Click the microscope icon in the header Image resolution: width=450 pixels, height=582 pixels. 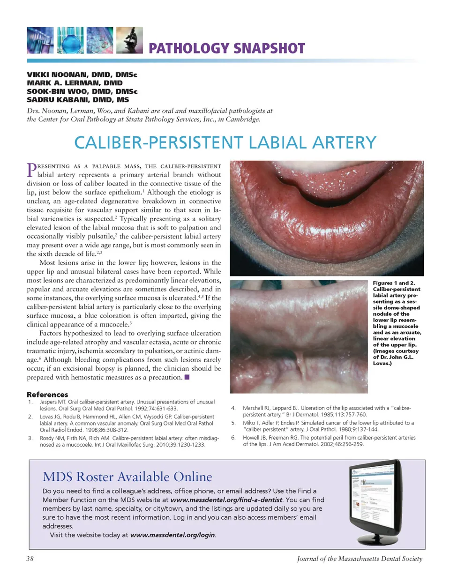(129, 40)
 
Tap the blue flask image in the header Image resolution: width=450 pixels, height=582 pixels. (70, 40)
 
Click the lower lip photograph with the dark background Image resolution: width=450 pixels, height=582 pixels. (327, 218)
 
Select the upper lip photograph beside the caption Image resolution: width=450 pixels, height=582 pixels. (299, 336)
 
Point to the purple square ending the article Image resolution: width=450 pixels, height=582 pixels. (187, 377)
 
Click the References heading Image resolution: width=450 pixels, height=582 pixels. (47, 395)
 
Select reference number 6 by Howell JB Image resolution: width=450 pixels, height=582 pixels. (329, 441)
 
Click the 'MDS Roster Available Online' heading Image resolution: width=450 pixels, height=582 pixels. (127, 477)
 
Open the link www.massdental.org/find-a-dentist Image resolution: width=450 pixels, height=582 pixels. (226, 500)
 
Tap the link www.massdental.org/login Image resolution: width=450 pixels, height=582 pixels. (172, 535)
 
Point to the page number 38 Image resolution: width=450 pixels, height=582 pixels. (30, 559)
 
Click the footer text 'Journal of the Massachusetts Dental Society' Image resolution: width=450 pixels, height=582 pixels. (360, 559)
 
